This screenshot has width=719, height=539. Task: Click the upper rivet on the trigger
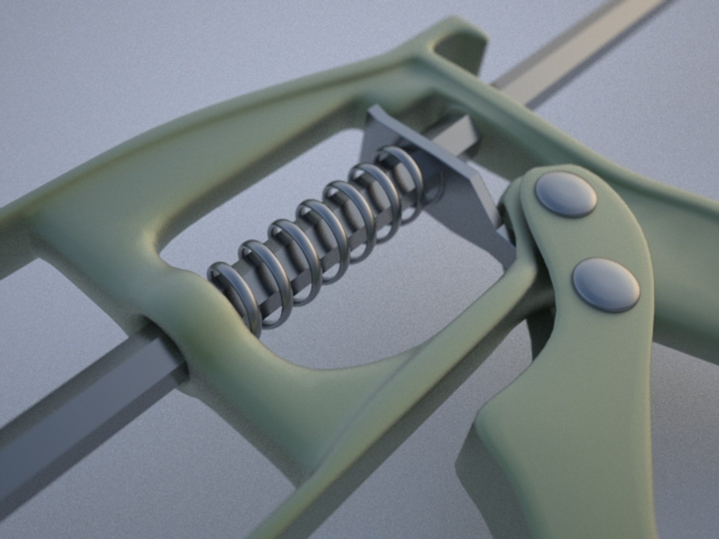point(565,194)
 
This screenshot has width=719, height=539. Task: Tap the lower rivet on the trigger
point(605,285)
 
